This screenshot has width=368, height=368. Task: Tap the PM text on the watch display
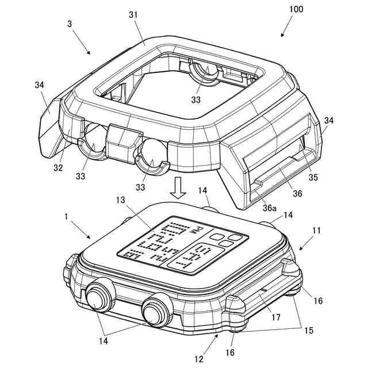tap(198, 232)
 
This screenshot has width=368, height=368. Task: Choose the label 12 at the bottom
tap(198, 359)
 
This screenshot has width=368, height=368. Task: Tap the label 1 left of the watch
tap(67, 217)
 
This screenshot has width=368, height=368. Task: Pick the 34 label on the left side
tap(39, 85)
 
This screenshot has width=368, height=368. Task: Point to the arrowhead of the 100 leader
tap(282, 36)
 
